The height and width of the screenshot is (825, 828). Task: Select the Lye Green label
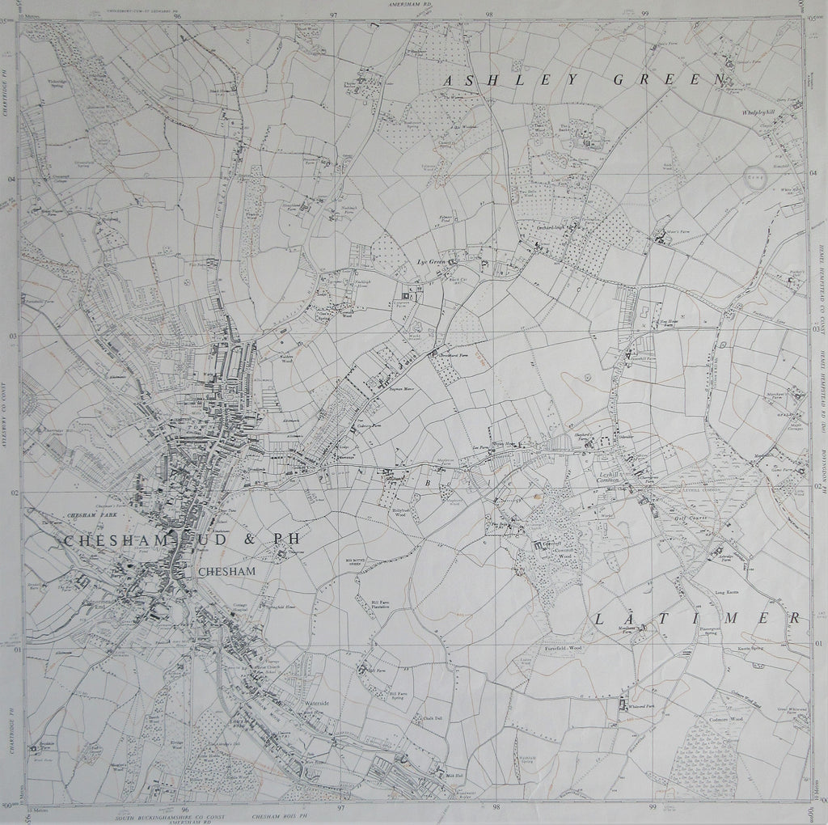pyautogui.click(x=431, y=262)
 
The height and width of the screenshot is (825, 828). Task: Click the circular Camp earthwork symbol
pyautogui.click(x=754, y=178)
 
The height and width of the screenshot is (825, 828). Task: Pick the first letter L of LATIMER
pyautogui.click(x=600, y=619)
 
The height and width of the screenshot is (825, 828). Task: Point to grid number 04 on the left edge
pyautogui.click(x=11, y=180)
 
